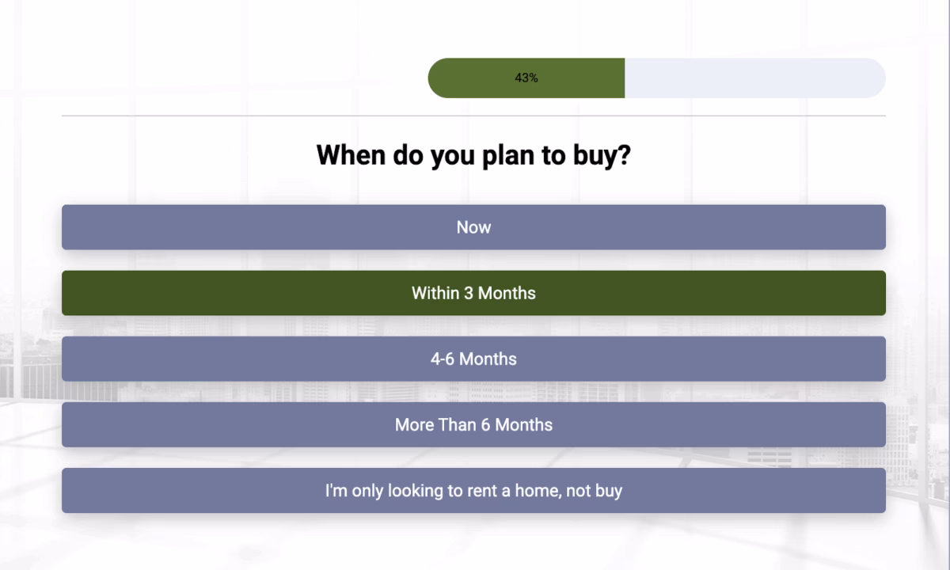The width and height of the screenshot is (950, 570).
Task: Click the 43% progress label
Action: (526, 78)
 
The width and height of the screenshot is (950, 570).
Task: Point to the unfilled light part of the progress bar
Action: (752, 78)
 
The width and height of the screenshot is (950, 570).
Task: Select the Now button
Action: (473, 227)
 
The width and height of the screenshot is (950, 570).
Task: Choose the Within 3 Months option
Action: (473, 293)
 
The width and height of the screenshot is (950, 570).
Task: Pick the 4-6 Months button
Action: (473, 359)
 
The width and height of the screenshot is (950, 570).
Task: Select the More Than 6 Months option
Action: (473, 424)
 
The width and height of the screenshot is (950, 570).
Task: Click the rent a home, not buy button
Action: (473, 490)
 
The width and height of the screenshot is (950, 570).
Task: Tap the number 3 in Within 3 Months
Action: (469, 293)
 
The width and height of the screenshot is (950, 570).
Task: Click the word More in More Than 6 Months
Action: (414, 424)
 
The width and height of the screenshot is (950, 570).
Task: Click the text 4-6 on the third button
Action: (443, 359)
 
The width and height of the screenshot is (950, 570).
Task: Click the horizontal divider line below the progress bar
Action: (473, 116)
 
